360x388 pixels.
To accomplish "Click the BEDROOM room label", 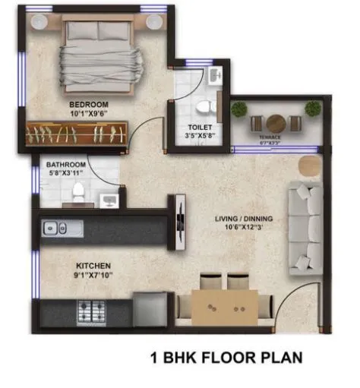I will click(x=89, y=104).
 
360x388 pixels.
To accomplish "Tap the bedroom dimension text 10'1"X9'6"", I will click(x=89, y=114).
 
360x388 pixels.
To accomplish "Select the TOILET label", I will click(x=201, y=128).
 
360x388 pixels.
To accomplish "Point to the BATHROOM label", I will click(x=65, y=164).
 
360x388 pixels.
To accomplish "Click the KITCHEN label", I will click(x=93, y=267).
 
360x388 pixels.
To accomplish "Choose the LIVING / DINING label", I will click(x=244, y=219).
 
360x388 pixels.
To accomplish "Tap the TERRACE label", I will click(x=270, y=137).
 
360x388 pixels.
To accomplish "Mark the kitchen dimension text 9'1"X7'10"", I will click(x=93, y=276).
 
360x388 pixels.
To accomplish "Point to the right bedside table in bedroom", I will click(x=155, y=21).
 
